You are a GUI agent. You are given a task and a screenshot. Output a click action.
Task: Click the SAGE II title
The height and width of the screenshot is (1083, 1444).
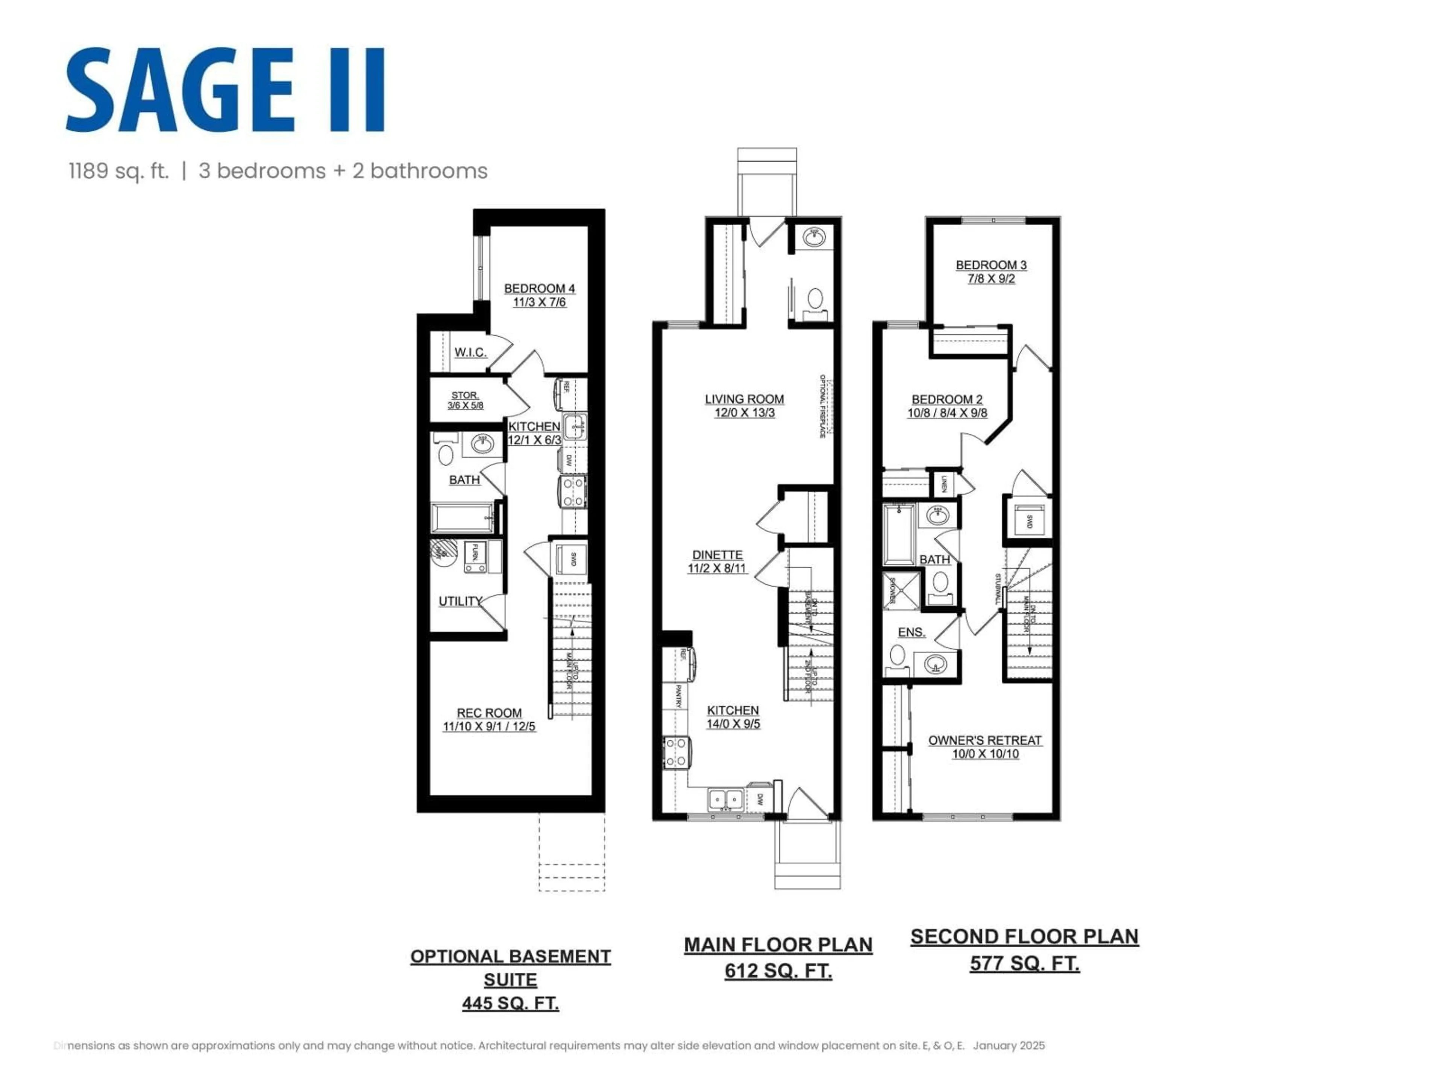(225, 90)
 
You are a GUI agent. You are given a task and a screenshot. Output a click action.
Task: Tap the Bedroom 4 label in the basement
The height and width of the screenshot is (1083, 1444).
(539, 288)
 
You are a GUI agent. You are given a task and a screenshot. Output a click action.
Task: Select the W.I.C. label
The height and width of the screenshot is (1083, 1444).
(470, 352)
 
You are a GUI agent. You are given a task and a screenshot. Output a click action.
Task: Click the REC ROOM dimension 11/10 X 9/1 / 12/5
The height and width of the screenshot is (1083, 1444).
(489, 727)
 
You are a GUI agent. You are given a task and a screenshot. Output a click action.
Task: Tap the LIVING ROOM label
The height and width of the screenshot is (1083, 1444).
(744, 399)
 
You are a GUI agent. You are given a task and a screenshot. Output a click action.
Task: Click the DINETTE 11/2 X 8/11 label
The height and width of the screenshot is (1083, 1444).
(717, 561)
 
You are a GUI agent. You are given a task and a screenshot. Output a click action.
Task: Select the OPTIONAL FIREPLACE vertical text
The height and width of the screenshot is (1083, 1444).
(823, 406)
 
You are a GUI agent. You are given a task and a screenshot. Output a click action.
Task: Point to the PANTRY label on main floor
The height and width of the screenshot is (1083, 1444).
(678, 696)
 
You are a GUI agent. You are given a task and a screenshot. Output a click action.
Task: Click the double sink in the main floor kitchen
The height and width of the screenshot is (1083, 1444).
(726, 798)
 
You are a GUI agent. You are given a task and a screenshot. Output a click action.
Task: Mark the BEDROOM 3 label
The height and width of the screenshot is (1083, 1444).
(991, 265)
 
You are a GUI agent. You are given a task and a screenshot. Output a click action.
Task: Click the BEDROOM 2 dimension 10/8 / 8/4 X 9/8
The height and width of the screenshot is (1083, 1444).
(946, 413)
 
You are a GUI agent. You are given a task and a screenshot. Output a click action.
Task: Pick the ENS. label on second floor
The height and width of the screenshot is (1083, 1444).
(911, 632)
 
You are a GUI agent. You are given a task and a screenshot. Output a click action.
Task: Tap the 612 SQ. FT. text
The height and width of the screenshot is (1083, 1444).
(778, 971)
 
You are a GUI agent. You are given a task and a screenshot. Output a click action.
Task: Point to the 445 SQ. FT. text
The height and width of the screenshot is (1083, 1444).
(511, 1003)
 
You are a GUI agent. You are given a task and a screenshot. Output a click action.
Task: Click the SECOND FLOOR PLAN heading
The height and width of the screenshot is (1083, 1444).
(1024, 937)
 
